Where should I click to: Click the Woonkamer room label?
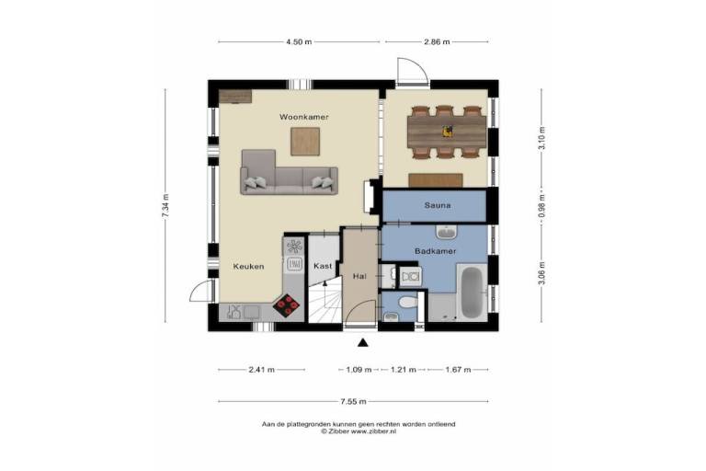coord(304,117)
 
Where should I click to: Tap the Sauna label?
coord(438,205)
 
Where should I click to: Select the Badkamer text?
coord(436,251)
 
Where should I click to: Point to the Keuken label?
coord(248,267)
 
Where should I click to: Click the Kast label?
coord(323,266)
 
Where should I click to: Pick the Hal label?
coord(359,276)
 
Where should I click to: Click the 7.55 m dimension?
coord(353,402)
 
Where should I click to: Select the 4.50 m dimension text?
coord(299,42)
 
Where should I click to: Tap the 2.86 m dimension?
coord(437,42)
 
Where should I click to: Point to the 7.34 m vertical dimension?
coord(165,205)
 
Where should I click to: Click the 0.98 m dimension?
coord(541,205)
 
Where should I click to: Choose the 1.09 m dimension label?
coord(359,370)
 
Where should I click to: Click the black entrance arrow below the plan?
coord(363,343)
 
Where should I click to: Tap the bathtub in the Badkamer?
coord(472,292)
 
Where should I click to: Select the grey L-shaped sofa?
coord(289,173)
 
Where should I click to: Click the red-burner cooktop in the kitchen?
coord(287,306)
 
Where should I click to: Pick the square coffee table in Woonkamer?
coord(305,142)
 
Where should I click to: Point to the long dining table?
coord(447,132)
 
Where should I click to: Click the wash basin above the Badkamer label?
coord(447,232)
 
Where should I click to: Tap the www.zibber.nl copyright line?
coord(359,431)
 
